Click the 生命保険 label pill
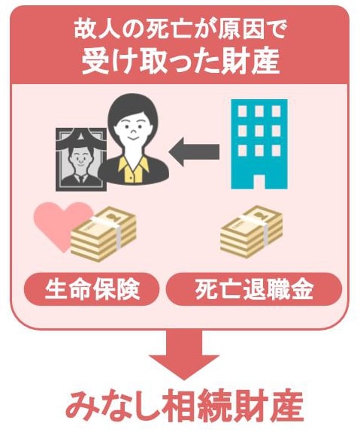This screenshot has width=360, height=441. (92, 289)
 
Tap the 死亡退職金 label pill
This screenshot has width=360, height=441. (254, 289)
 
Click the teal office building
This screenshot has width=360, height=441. (259, 144)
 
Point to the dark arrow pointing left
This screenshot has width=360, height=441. (194, 153)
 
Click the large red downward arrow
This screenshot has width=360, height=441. (184, 355)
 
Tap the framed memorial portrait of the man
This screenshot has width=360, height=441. (81, 160)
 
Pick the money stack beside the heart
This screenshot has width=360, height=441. (104, 234)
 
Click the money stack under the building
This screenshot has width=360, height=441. (252, 231)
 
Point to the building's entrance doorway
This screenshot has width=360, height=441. (259, 182)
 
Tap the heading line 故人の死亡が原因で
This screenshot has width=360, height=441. (180, 30)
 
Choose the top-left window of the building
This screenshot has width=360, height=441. (242, 111)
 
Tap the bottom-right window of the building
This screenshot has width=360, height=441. (276, 150)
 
